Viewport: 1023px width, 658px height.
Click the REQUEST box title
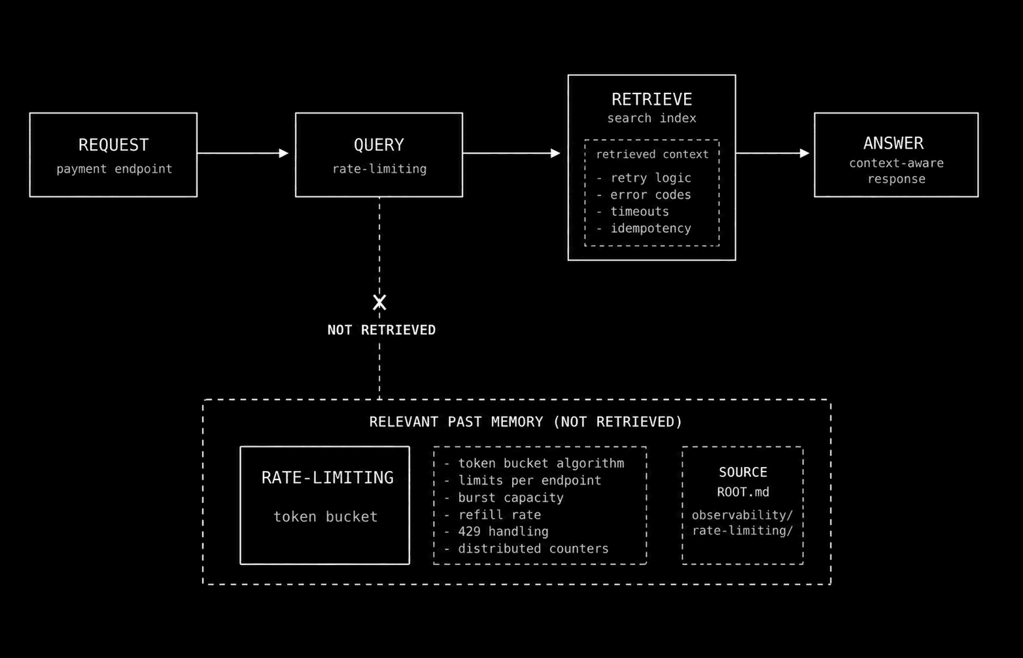pos(113,145)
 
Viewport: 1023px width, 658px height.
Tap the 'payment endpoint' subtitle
pos(114,169)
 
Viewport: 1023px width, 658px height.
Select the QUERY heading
pos(379,145)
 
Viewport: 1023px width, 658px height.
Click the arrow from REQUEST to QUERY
pos(243,153)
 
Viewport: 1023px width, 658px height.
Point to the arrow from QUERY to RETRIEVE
pos(511,153)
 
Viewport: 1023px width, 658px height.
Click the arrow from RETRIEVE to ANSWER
pos(772,153)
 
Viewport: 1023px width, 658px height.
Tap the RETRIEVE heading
pos(651,99)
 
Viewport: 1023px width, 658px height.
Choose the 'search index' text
pos(651,118)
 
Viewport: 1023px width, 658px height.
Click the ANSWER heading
pos(893,143)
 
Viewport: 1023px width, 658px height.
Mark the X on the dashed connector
pos(379,302)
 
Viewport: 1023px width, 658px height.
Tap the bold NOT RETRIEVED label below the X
pos(382,330)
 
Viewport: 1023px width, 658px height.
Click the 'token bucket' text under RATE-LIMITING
pos(326,517)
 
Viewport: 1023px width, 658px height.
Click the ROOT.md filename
pos(743,493)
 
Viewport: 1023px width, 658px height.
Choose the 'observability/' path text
pos(742,515)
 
